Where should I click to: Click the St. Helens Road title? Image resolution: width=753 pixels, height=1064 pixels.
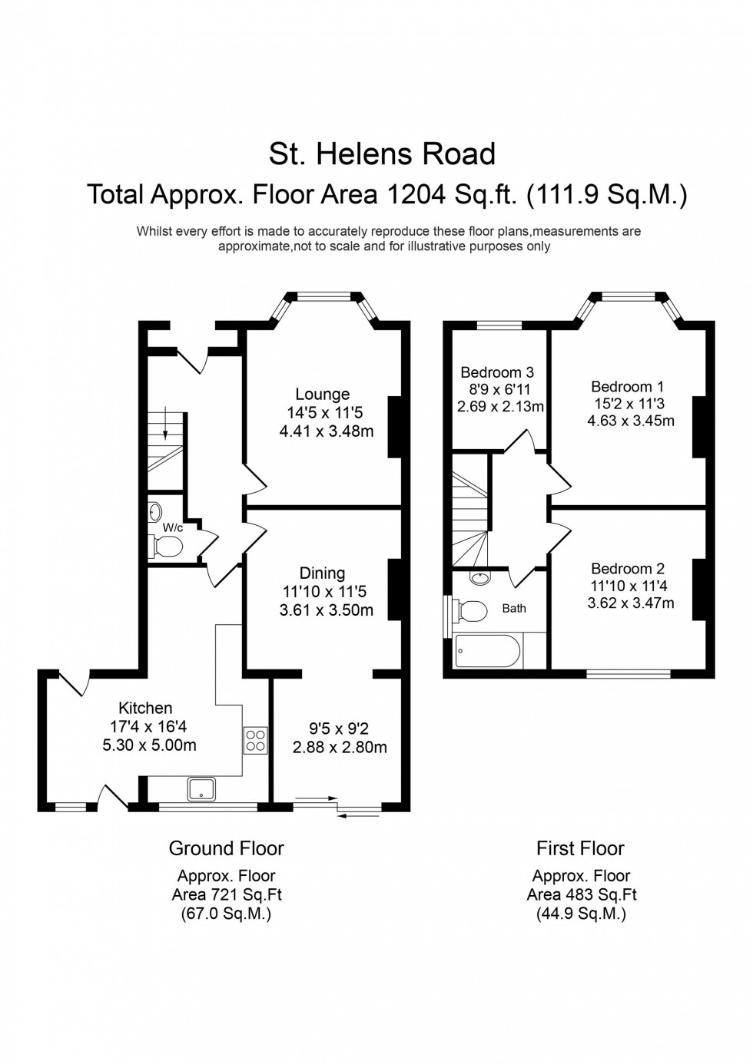[382, 154]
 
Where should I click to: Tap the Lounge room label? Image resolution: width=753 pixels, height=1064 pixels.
[322, 395]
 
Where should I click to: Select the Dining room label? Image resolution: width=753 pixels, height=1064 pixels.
[322, 573]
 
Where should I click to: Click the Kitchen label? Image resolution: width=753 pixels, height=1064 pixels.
[145, 708]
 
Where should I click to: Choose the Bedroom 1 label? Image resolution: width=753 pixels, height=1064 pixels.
[627, 387]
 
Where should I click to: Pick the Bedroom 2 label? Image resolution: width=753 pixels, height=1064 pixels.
[627, 569]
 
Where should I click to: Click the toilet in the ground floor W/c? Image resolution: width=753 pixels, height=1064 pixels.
[167, 546]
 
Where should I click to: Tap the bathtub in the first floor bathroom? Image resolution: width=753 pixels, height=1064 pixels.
[488, 651]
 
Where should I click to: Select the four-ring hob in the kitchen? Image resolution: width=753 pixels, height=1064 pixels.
[255, 739]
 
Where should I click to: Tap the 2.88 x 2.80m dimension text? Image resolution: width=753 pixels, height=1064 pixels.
[340, 747]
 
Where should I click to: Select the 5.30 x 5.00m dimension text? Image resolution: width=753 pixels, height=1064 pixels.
[149, 745]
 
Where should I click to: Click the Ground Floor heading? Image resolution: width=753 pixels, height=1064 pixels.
[226, 848]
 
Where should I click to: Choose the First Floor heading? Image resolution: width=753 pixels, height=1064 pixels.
[580, 848]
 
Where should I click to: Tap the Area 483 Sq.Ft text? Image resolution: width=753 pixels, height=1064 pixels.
[581, 895]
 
